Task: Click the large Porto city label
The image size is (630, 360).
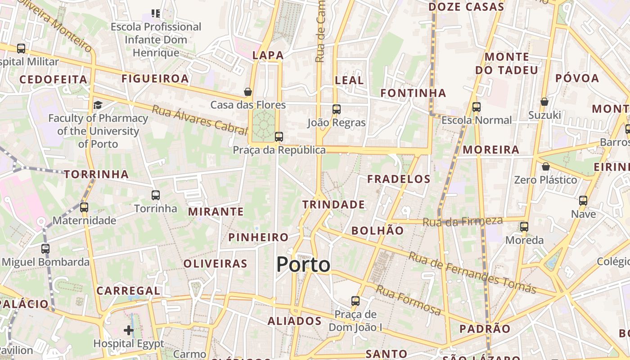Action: pyautogui.click(x=303, y=265)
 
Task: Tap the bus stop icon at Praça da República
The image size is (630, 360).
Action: pyautogui.click(x=279, y=136)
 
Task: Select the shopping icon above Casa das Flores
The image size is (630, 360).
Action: pyautogui.click(x=248, y=92)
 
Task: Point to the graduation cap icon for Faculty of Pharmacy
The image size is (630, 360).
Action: pyautogui.click(x=98, y=105)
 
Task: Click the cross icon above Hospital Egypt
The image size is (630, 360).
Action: pyautogui.click(x=129, y=330)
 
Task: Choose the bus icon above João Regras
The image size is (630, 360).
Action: pyautogui.click(x=337, y=109)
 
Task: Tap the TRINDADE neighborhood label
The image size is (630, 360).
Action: pyautogui.click(x=333, y=205)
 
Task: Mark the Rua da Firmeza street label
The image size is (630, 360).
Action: pyautogui.click(x=463, y=221)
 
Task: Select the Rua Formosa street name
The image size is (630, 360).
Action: pyautogui.click(x=409, y=300)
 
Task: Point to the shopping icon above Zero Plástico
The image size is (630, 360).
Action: pyautogui.click(x=546, y=166)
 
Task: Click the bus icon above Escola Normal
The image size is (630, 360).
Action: pyautogui.click(x=477, y=107)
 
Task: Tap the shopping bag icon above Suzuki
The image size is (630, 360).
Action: pyautogui.click(x=544, y=102)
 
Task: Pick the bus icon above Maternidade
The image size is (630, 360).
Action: pyautogui.click(x=84, y=207)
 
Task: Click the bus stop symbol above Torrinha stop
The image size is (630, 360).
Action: pyautogui.click(x=156, y=195)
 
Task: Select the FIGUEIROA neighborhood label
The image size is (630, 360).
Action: pyautogui.click(x=155, y=79)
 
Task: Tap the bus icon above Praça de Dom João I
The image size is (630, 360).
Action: pyautogui.click(x=355, y=301)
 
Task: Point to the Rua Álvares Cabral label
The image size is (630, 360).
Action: pyautogui.click(x=200, y=120)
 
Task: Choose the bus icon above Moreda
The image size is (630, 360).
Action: pyautogui.click(x=524, y=226)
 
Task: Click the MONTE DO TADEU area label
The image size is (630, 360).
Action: pyautogui.click(x=507, y=63)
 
